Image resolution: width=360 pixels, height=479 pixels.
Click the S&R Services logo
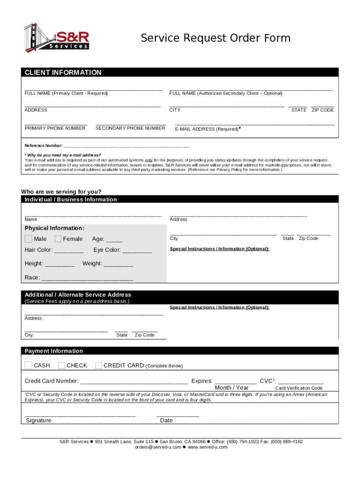point(57,36)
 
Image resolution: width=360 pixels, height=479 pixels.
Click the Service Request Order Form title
point(216,38)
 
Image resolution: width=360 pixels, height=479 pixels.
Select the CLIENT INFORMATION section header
point(63,73)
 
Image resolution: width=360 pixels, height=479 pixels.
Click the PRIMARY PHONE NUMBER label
point(55,128)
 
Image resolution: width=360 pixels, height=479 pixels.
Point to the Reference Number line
point(126,146)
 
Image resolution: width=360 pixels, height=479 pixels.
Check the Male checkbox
point(29,239)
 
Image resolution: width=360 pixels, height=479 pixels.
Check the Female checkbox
point(58,239)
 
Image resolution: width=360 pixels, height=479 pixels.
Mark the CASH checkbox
point(29,365)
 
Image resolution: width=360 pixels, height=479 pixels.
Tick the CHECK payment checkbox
point(61,365)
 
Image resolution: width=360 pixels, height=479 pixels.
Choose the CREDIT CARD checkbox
point(99,365)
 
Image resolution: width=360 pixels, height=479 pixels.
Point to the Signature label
point(39,421)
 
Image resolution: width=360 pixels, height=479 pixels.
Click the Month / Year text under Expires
point(231,388)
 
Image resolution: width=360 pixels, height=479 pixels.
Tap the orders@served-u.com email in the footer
point(158,447)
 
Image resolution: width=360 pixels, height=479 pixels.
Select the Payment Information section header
point(54,351)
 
